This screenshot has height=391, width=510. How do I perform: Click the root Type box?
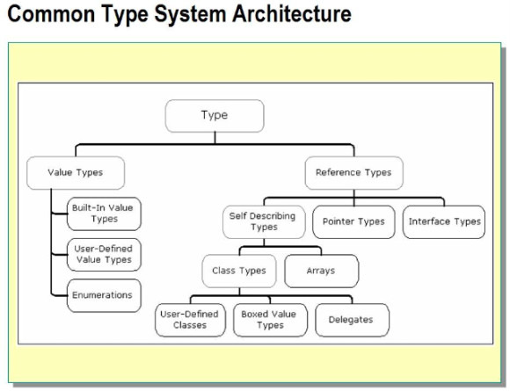click(x=215, y=116)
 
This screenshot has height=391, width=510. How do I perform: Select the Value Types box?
click(x=76, y=173)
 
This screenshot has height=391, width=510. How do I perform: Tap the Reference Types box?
click(x=353, y=173)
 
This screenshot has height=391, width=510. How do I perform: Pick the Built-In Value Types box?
click(x=104, y=214)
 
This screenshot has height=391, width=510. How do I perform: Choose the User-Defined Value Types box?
click(x=104, y=255)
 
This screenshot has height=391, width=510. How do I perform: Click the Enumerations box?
click(x=104, y=295)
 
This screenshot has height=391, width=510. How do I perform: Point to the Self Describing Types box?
click(x=264, y=222)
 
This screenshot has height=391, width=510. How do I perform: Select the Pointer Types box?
click(x=353, y=222)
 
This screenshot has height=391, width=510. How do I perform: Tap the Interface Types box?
click(x=444, y=222)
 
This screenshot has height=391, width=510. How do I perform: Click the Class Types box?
click(x=239, y=271)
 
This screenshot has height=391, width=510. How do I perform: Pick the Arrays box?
click(x=321, y=271)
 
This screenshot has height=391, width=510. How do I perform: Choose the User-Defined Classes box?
click(x=190, y=320)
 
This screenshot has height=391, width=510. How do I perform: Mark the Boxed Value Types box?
click(x=270, y=320)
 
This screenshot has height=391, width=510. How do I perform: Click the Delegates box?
click(x=352, y=320)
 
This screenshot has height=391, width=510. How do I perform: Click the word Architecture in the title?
click(x=292, y=14)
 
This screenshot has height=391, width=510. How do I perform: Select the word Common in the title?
click(x=51, y=14)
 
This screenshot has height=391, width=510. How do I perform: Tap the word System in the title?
click(x=190, y=15)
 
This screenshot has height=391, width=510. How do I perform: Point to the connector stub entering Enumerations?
click(x=59, y=295)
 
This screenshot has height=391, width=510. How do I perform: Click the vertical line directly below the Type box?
click(x=215, y=138)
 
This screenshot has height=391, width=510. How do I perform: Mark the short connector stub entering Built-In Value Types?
click(x=59, y=214)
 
